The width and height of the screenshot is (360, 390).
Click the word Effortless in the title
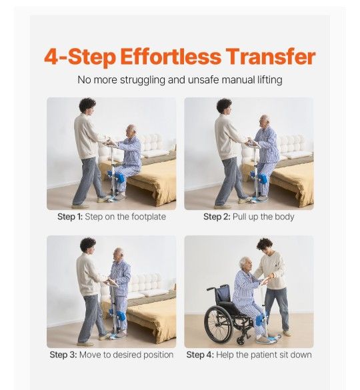tap(171, 57)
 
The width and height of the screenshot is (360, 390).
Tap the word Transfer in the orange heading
tap(271, 57)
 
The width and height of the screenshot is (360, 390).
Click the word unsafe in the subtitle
tap(203, 80)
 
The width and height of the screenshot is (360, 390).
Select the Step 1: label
tap(70, 217)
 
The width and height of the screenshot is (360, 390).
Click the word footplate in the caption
tap(149, 217)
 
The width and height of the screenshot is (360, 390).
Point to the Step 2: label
tap(217, 217)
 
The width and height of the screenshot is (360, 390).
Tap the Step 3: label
tap(63, 355)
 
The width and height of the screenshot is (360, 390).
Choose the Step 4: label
tap(200, 355)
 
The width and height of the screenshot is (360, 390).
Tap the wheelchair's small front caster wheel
tap(241, 341)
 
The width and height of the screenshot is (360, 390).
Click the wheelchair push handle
tap(211, 289)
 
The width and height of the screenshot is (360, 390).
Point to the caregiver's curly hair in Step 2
tap(224, 105)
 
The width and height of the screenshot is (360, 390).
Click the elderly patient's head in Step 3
tap(118, 254)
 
